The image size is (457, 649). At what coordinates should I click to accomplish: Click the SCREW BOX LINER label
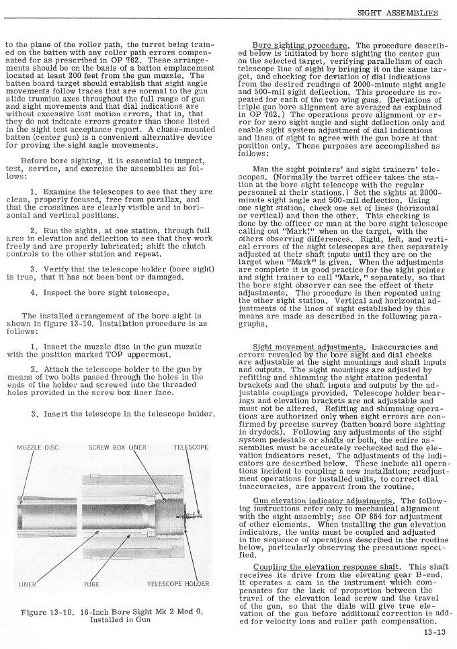pos(117,447)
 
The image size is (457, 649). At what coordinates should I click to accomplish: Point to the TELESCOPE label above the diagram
pos(191,447)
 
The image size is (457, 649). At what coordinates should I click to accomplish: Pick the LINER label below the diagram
pos(28,583)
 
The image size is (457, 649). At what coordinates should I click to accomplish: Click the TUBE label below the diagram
pos(91,583)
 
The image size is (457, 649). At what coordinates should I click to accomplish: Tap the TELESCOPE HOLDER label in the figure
pos(178,583)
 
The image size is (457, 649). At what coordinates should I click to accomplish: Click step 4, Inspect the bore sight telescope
pos(105,293)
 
